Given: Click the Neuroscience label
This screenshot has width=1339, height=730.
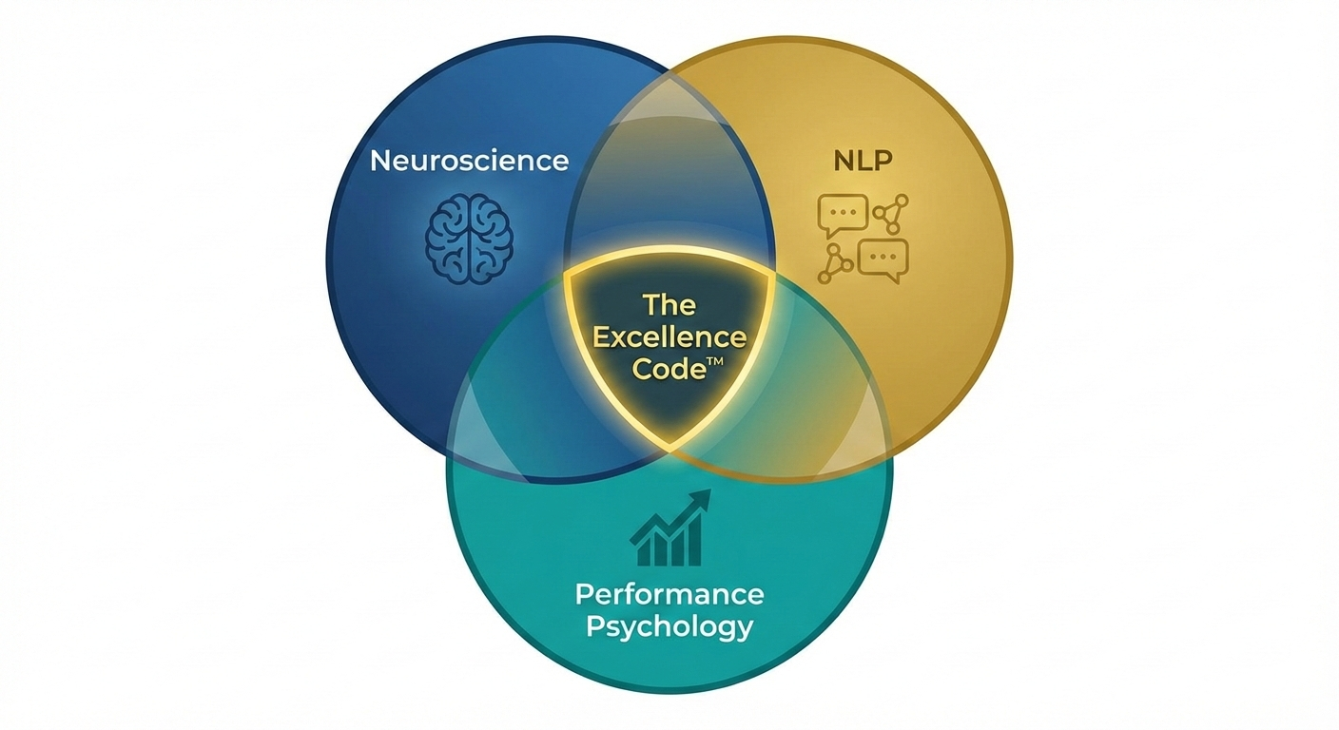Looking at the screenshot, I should (x=469, y=160).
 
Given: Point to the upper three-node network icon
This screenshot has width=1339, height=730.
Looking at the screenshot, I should (x=891, y=213).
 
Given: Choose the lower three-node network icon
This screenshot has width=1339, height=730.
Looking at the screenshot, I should (x=835, y=262).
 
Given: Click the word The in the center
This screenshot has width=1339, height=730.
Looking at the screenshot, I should (x=669, y=305).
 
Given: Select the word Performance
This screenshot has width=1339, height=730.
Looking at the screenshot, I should (x=669, y=595).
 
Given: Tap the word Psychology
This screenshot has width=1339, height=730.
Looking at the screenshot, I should (x=669, y=627).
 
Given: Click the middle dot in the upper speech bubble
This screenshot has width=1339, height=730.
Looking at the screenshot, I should (x=842, y=210).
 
